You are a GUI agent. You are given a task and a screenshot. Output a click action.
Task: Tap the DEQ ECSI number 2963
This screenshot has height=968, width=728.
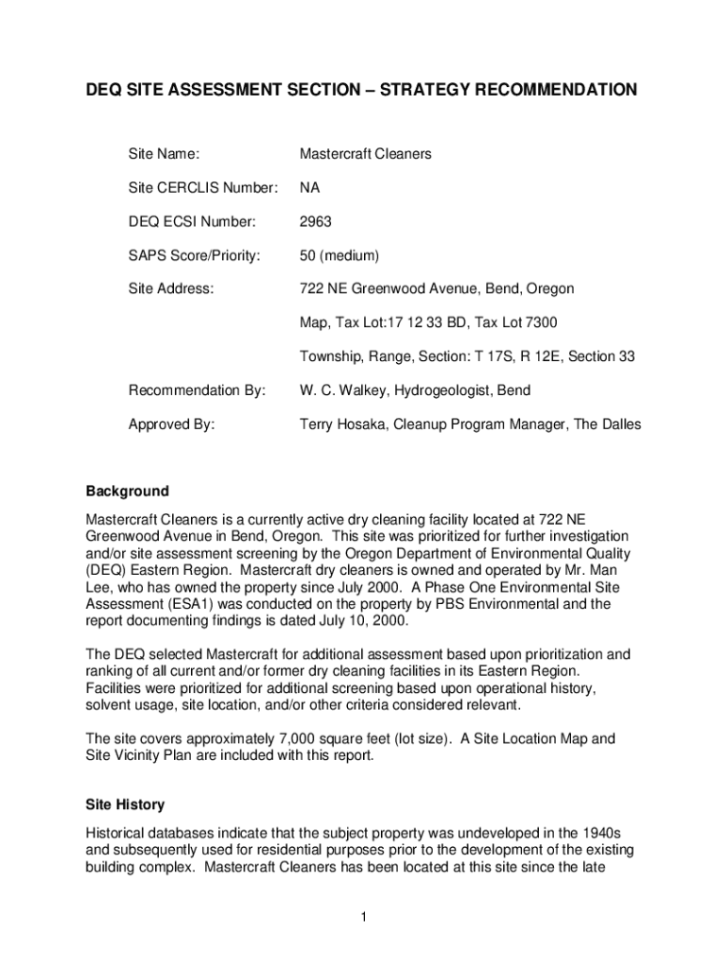click(316, 221)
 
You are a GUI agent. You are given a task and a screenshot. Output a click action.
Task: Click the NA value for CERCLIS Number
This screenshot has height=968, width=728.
click(310, 187)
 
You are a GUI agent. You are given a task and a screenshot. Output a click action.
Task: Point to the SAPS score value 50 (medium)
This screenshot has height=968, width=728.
click(339, 255)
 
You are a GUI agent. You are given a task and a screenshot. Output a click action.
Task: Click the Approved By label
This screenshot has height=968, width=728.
click(171, 424)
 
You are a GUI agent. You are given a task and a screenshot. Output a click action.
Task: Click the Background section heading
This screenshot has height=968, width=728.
click(128, 492)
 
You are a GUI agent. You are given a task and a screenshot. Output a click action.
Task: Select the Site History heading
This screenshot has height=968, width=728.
click(125, 804)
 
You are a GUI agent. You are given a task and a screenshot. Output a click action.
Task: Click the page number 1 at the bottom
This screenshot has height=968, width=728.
click(364, 916)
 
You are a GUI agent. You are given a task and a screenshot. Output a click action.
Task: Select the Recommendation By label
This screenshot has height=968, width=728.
click(197, 390)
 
